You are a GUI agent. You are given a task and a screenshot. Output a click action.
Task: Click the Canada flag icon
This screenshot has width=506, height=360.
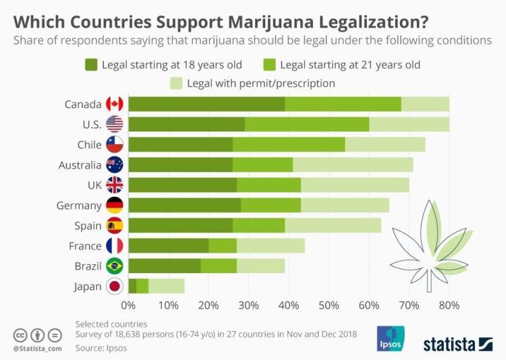coord(114,104)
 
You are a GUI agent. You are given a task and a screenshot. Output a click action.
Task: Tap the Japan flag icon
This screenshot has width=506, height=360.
coord(114,287)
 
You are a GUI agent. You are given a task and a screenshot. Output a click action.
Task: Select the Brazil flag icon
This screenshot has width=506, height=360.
coord(114,266)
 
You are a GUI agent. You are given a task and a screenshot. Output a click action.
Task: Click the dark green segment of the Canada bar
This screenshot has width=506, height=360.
coord(206,104)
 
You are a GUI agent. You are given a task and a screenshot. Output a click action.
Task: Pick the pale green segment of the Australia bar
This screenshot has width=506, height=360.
coord(353,164)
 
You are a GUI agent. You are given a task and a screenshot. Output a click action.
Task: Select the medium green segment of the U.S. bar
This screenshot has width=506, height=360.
coord(307,124)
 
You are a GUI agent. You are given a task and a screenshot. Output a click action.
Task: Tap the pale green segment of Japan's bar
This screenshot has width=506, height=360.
coord(166,287)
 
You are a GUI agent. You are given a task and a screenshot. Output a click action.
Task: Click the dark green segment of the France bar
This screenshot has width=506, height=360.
coord(169,246)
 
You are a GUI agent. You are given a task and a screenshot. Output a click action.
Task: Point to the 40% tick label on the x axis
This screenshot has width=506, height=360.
coord(289,305)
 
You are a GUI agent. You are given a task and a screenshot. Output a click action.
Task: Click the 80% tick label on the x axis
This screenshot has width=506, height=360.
coord(449,305)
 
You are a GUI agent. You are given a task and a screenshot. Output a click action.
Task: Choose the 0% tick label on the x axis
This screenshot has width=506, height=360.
coord(128,305)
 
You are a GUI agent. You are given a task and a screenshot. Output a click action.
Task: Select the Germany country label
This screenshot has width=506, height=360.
coord(80,206)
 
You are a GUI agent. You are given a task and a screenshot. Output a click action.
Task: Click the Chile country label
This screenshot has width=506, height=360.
coord(89,144)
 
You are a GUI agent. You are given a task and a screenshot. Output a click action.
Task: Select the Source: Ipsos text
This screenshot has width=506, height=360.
coord(101,349)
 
